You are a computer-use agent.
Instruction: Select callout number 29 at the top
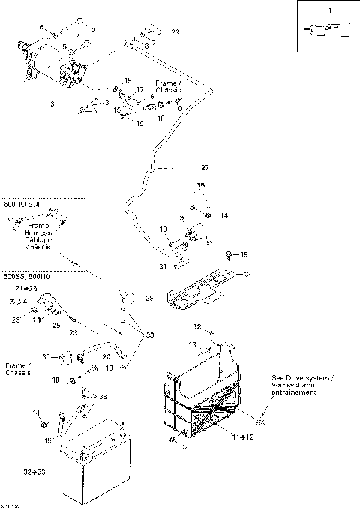point(175,32)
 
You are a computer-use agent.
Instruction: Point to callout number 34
point(249,274)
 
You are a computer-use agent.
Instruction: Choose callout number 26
point(149,298)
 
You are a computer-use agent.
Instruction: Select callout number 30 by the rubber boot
point(46,356)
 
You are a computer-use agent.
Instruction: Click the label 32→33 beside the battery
point(34,474)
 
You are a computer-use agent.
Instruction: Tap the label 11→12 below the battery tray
point(241,436)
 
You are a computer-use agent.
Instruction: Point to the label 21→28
point(26,288)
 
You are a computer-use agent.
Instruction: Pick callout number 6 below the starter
point(52,103)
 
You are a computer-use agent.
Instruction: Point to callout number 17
point(139,89)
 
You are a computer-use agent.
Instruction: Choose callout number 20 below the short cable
point(105,357)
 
